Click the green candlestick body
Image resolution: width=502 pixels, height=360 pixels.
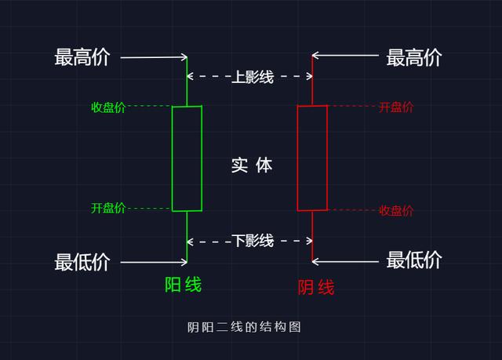pos(187,158)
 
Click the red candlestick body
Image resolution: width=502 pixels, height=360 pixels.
pos(312,158)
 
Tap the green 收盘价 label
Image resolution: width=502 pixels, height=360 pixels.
pos(108,107)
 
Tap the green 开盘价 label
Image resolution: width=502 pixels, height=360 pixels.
pos(108,208)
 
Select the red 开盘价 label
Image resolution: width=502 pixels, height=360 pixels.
pos(395,107)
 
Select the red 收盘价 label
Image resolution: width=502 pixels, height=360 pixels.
pos(395,210)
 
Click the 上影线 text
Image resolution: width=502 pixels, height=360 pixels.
pos(251,77)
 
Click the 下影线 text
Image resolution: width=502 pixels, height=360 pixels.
pos(251,241)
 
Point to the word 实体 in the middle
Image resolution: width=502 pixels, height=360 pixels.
pos(251,165)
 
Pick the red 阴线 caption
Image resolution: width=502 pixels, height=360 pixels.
pos(316,287)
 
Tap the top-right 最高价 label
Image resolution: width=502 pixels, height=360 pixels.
pos(414,57)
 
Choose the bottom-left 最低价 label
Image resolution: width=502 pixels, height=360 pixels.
pos(82,261)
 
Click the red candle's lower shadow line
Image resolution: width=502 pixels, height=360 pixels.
pos(312,235)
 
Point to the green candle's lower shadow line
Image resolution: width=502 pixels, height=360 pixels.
pos(187,235)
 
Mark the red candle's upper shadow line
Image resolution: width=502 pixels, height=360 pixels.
pos(312,82)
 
